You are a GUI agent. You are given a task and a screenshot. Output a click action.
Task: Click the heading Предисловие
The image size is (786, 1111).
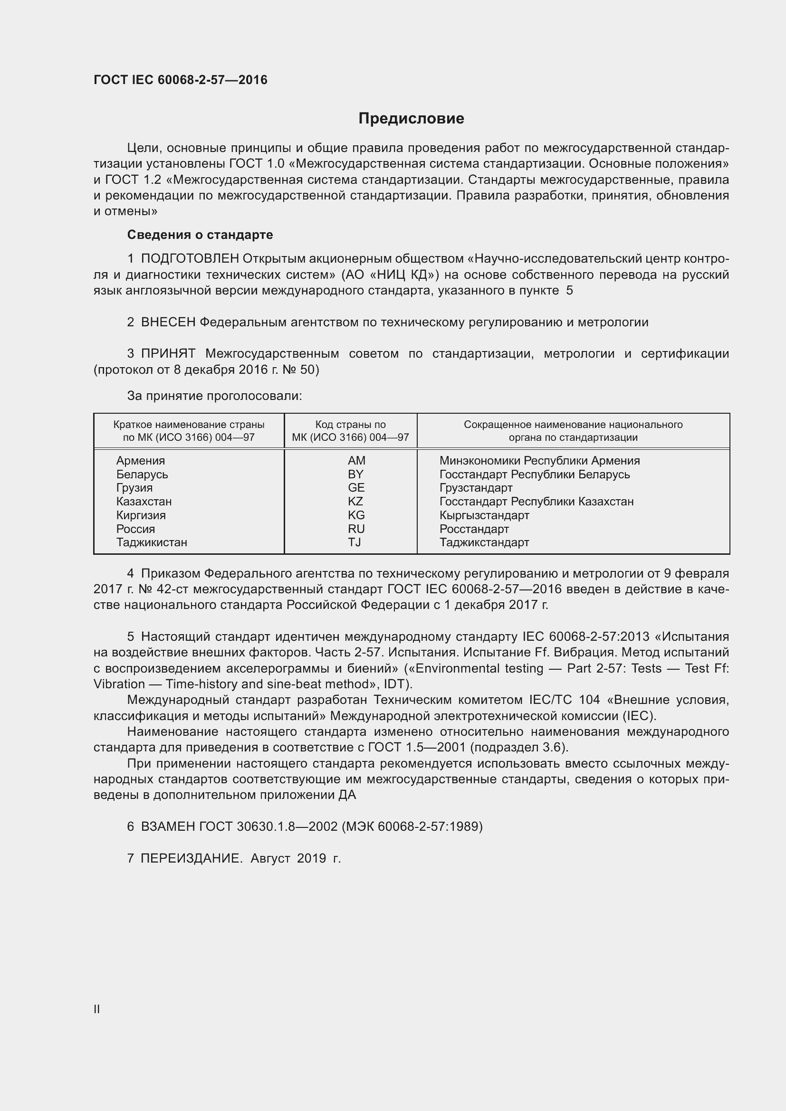pyautogui.click(x=411, y=119)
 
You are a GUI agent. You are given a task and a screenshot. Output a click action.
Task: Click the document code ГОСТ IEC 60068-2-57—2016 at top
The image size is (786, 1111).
pyautogui.click(x=180, y=80)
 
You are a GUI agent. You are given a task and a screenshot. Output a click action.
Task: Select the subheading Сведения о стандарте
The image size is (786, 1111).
pyautogui.click(x=200, y=235)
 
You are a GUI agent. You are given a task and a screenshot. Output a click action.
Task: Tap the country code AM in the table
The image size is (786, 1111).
pyautogui.click(x=356, y=461)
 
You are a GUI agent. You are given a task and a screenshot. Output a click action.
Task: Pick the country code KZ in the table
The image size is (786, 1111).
pyautogui.click(x=355, y=501)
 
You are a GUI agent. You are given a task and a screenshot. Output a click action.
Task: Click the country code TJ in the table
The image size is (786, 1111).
pyautogui.click(x=355, y=542)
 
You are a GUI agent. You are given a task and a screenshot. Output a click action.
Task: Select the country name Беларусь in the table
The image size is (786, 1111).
pyautogui.click(x=142, y=474)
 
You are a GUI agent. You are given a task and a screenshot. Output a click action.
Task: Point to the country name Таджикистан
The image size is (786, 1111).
pyautogui.click(x=152, y=542)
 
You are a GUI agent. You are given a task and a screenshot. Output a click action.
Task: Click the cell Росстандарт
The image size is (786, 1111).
pyautogui.click(x=474, y=529)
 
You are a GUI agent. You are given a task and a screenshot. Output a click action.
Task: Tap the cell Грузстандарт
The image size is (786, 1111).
pyautogui.click(x=476, y=488)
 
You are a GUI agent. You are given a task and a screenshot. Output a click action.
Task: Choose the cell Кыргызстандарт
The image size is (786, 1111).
pyautogui.click(x=484, y=515)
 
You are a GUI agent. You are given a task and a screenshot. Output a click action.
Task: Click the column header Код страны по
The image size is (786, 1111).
pyautogui.click(x=350, y=425)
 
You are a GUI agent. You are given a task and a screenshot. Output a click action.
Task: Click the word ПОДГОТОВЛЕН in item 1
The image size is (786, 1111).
pyautogui.click(x=190, y=259)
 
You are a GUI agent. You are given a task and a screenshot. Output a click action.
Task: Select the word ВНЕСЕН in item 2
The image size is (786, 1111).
pyautogui.click(x=168, y=322)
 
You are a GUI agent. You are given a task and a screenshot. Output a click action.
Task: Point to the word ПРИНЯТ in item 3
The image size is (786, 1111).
pyautogui.click(x=168, y=354)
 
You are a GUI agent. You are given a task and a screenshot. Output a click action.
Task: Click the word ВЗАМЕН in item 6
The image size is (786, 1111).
pyautogui.click(x=168, y=826)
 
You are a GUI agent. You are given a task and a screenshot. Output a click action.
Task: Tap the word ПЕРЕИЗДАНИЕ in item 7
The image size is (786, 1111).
pyautogui.click(x=191, y=858)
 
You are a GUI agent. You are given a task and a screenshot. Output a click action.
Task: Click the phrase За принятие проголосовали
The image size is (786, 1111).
pyautogui.click(x=214, y=396)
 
